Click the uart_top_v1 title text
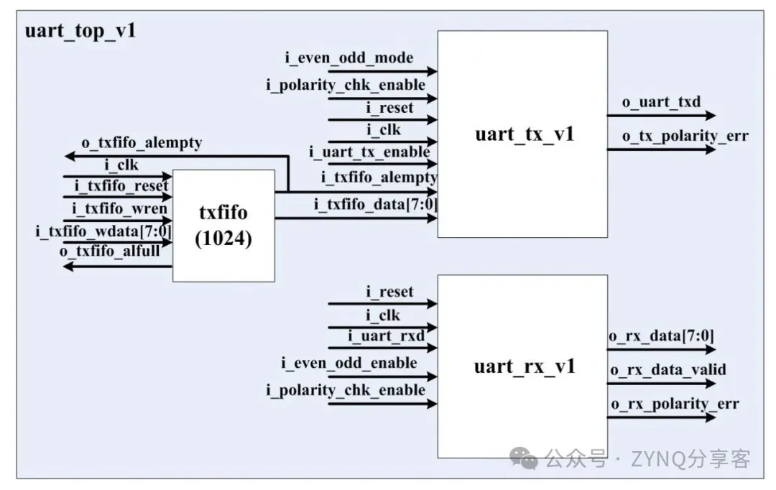80,31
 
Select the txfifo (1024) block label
223,225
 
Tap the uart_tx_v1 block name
524,134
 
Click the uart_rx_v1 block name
525,366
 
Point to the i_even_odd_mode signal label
349,58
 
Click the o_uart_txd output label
661,102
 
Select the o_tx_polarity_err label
685,136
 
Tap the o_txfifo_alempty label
142,143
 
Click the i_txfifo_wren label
119,209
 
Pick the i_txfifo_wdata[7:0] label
103,231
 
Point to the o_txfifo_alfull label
109,251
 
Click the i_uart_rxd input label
386,336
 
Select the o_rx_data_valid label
668,370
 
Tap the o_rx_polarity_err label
675,404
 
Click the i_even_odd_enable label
349,364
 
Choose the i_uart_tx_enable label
369,152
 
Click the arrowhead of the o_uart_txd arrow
710,116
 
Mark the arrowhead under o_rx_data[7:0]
710,349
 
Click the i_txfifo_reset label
121,186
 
